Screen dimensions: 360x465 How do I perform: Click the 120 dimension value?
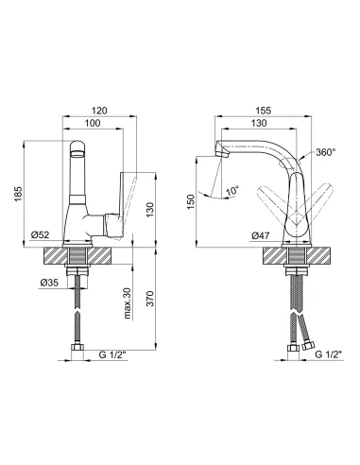(99, 111)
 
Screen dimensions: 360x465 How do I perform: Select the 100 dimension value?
(93, 123)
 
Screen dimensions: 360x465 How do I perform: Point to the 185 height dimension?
(19, 194)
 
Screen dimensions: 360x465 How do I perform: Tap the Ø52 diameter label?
(40, 234)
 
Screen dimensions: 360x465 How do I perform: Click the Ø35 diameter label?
(49, 283)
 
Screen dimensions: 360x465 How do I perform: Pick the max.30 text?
(127, 303)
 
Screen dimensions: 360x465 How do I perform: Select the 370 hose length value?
(150, 299)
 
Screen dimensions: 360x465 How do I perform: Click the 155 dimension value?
(263, 111)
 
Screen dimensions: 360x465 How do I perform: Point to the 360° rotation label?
(326, 152)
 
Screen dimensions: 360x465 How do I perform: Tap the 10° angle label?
(232, 190)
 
